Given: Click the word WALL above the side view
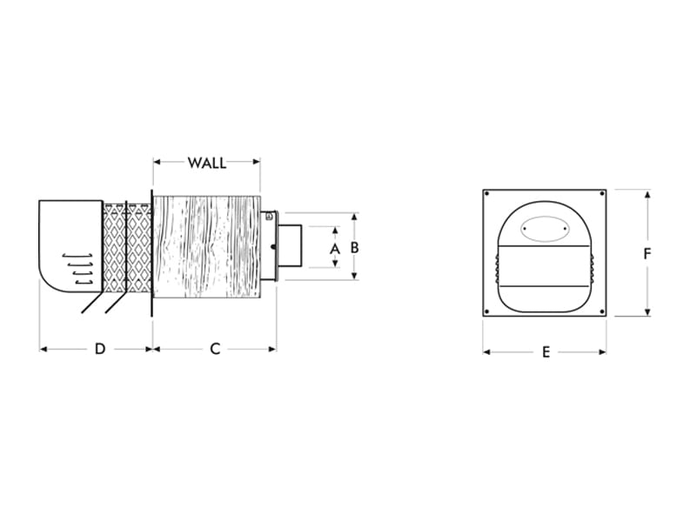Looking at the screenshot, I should (207, 163).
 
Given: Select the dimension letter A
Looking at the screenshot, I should (335, 248).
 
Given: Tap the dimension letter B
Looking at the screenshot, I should (354, 247).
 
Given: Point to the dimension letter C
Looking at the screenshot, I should (215, 349).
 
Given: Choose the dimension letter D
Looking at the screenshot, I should (99, 349).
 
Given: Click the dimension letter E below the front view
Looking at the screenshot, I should (545, 352).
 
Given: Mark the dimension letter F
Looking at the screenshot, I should (647, 254).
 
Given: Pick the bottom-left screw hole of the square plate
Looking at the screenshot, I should (490, 311).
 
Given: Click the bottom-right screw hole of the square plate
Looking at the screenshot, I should (600, 311).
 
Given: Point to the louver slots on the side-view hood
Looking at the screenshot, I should (79, 268).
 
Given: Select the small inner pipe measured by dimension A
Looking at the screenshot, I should (290, 247).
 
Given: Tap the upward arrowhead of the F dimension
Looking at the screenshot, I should (647, 194).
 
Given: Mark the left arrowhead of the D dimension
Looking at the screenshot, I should (43, 349).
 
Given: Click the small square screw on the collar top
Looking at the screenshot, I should (269, 216).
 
